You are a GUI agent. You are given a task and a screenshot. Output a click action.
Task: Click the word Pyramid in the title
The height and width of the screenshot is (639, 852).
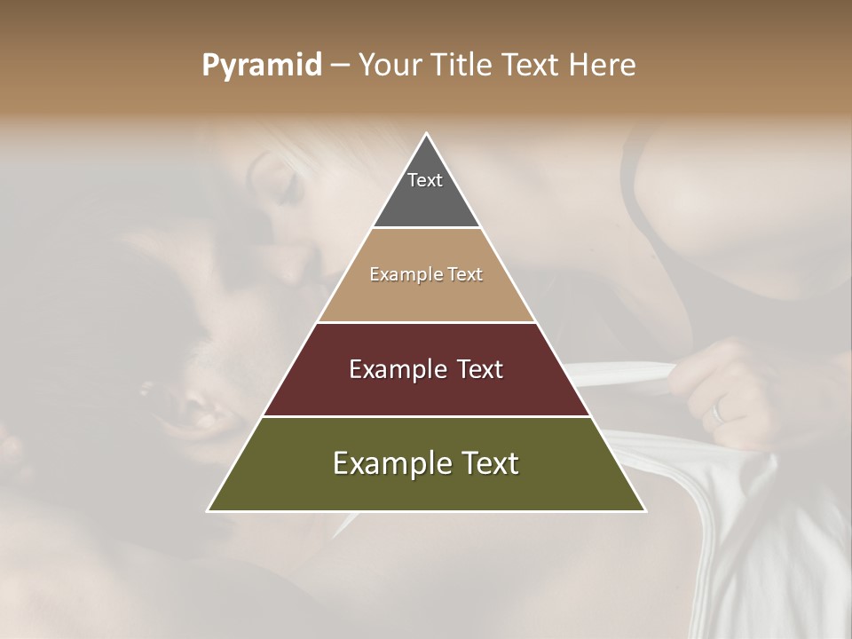pyautogui.click(x=261, y=65)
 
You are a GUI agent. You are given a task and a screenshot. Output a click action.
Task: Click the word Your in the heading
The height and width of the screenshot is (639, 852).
pyautogui.click(x=391, y=65)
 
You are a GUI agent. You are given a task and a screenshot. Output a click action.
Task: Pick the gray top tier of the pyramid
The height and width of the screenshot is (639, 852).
pyautogui.click(x=426, y=200)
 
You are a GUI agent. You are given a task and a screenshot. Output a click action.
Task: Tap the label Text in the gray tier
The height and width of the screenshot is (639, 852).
pyautogui.click(x=425, y=180)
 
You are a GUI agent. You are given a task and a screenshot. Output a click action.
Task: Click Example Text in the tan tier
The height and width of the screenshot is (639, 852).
pyautogui.click(x=426, y=274)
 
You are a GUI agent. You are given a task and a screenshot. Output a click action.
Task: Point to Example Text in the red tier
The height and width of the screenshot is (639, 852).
pyautogui.click(x=426, y=369)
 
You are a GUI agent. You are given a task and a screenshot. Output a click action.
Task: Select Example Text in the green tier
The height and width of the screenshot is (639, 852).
pyautogui.click(x=426, y=463)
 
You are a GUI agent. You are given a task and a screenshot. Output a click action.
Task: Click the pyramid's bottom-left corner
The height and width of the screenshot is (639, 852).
pyautogui.click(x=209, y=510)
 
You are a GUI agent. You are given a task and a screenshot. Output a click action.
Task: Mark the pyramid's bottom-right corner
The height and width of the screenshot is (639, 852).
pyautogui.click(x=645, y=510)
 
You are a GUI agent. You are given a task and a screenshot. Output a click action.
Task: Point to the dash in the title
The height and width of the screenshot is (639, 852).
pyautogui.click(x=340, y=66)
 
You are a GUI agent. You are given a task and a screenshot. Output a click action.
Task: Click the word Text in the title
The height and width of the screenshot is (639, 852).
pyautogui.click(x=532, y=65)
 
